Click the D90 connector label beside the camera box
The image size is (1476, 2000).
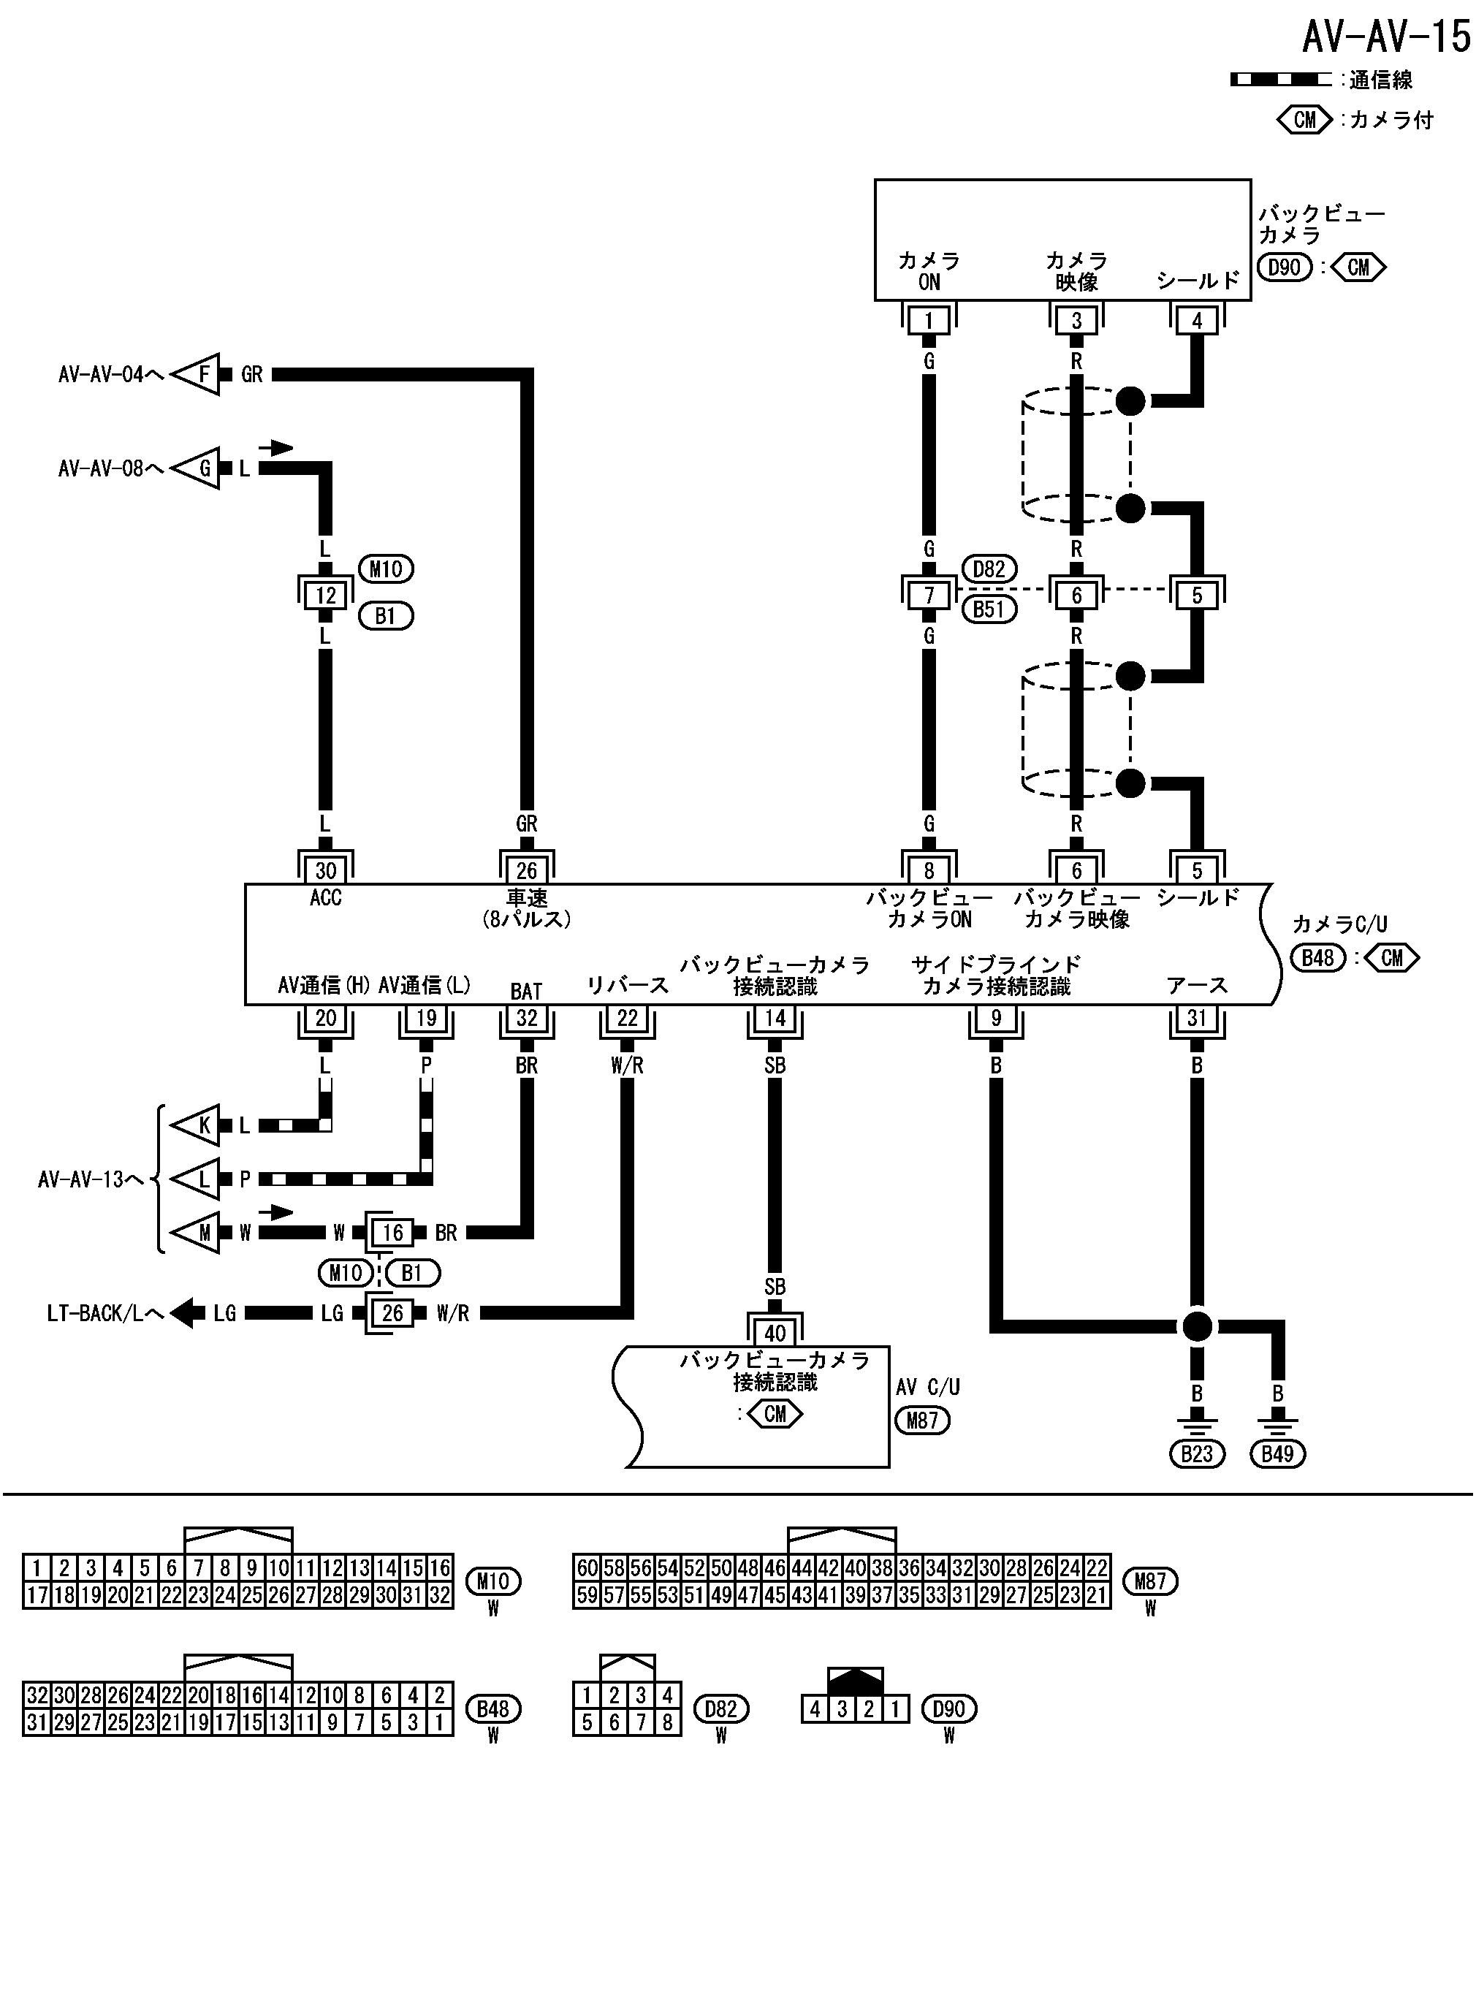click(1284, 267)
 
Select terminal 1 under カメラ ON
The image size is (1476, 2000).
click(929, 321)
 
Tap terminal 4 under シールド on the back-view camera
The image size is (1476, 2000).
click(1197, 321)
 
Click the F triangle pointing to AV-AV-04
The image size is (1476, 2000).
click(198, 374)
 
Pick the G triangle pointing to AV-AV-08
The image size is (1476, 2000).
click(198, 468)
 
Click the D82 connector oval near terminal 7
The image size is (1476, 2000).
click(989, 569)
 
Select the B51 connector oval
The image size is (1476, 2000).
click(989, 610)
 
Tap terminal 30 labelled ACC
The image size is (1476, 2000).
click(325, 870)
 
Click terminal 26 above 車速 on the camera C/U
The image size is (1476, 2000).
click(526, 870)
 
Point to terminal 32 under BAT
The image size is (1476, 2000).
click(526, 1019)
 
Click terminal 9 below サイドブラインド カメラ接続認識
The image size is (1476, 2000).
click(996, 1019)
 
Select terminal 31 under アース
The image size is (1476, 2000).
click(1197, 1019)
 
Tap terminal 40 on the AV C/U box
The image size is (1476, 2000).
click(775, 1333)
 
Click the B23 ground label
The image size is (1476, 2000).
click(1196, 1454)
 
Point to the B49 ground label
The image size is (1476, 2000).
click(1278, 1454)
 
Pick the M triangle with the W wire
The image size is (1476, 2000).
click(198, 1233)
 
